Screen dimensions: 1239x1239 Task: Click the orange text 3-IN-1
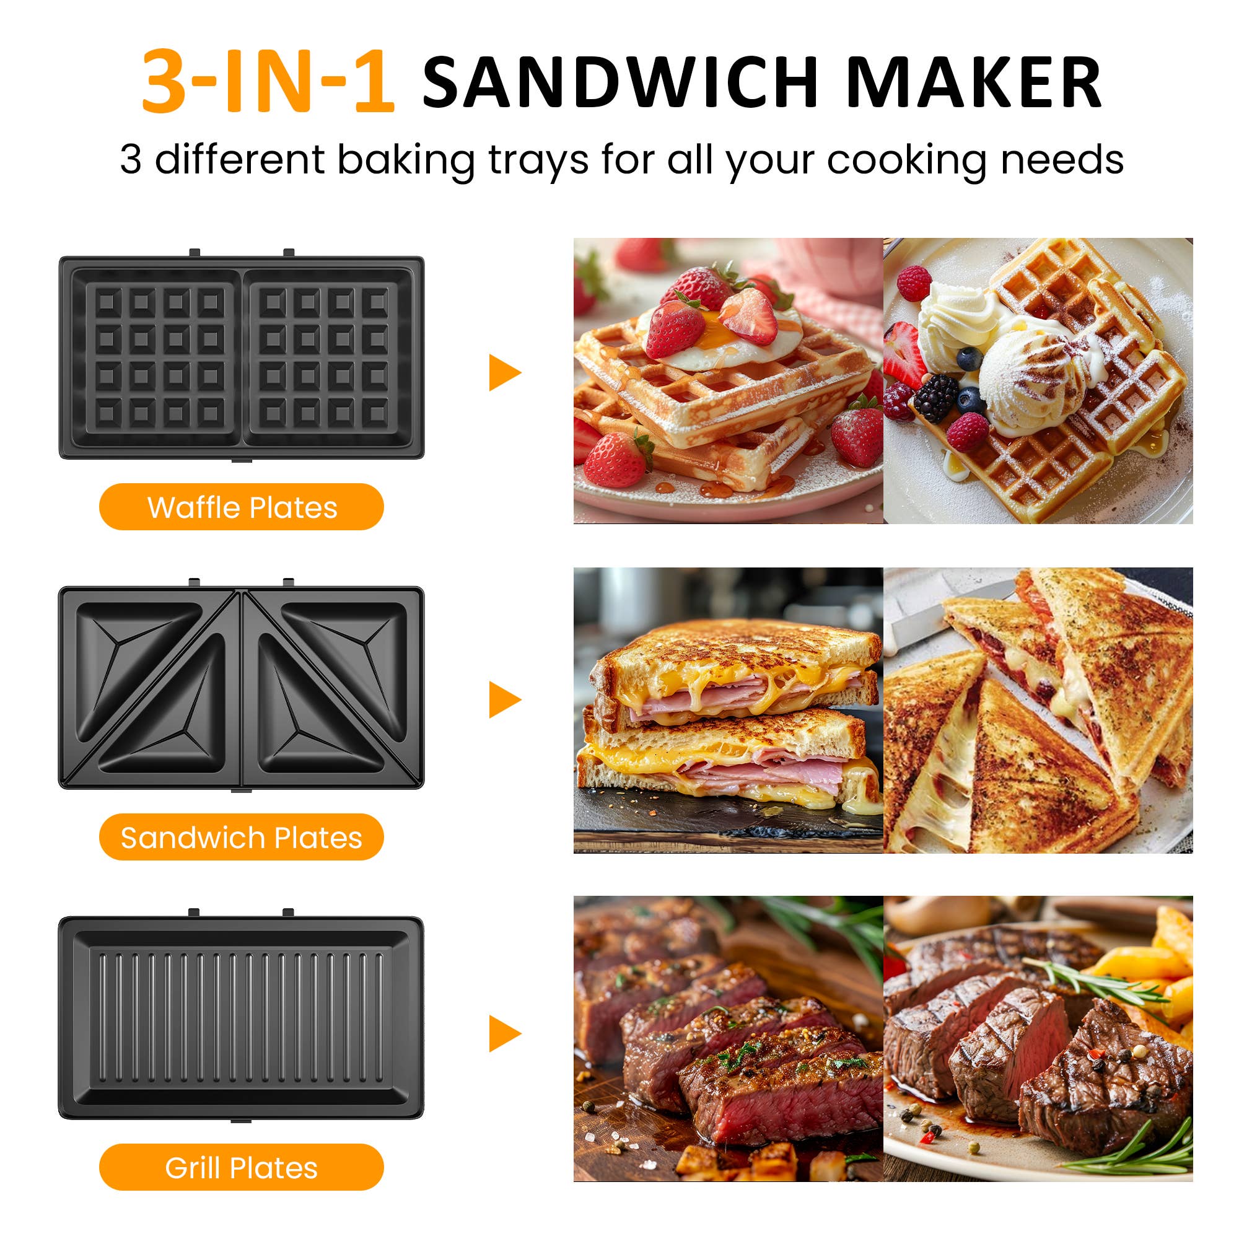pos(268,82)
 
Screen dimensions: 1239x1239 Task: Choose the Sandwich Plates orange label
pos(241,838)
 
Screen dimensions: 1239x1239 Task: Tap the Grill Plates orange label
pos(241,1168)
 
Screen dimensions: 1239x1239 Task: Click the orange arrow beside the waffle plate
pos(504,372)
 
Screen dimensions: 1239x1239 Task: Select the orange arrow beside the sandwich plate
pos(504,699)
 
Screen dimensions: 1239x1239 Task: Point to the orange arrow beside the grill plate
pos(504,1033)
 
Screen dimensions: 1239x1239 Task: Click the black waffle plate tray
pos(241,357)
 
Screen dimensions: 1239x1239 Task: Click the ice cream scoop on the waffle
pos(1033,379)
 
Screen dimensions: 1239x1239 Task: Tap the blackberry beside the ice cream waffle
pos(936,398)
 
